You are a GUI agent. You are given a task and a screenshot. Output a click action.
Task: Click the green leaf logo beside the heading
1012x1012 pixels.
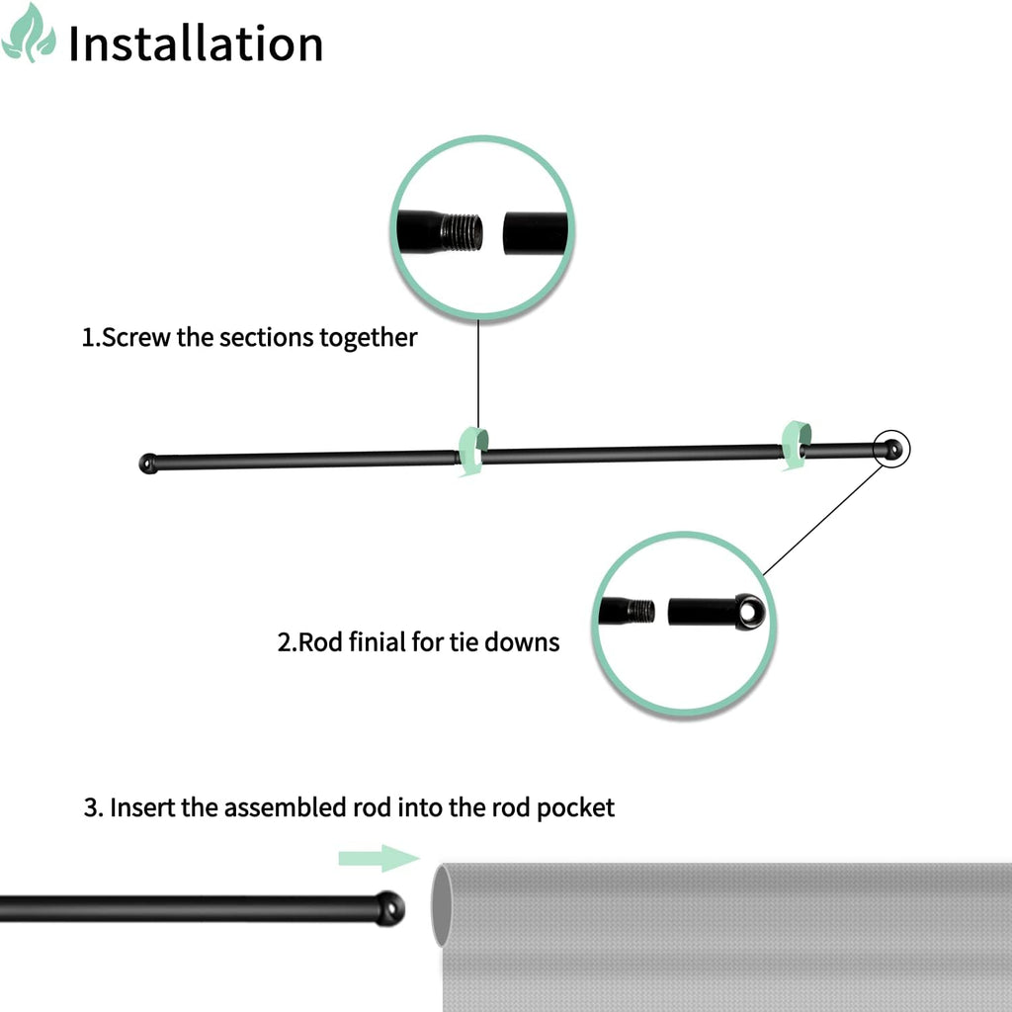point(29,34)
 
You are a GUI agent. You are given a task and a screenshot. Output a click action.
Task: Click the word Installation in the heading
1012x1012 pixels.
point(196,43)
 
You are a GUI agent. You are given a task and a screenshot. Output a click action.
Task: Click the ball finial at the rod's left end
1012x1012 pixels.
point(149,464)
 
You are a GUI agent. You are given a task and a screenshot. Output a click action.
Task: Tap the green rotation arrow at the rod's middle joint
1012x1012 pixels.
point(473,451)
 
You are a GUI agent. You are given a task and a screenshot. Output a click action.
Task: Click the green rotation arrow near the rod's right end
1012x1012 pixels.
point(796,446)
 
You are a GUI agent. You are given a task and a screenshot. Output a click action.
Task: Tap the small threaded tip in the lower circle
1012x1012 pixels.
point(640,610)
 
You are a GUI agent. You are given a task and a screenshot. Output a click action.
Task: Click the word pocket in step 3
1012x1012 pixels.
point(576,808)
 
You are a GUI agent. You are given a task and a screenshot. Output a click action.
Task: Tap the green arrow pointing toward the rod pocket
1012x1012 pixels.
point(379,858)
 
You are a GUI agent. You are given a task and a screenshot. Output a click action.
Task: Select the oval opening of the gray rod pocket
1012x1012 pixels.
point(442,905)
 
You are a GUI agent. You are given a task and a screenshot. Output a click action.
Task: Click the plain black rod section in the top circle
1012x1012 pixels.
point(535,233)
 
